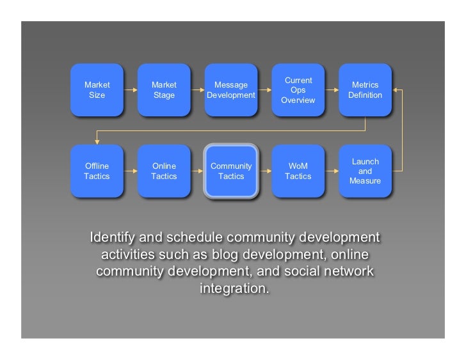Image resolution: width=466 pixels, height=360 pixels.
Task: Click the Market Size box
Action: click(x=97, y=90)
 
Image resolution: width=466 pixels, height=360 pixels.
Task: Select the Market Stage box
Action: click(x=164, y=90)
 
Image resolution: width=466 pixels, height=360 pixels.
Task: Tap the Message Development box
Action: click(x=231, y=90)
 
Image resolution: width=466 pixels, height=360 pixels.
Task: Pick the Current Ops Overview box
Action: click(x=298, y=90)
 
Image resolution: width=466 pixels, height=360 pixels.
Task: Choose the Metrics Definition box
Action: click(x=365, y=90)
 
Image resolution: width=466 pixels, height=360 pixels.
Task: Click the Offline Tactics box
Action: click(x=97, y=171)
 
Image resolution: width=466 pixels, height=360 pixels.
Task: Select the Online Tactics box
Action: click(x=164, y=171)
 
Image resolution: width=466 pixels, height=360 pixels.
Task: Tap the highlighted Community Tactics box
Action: click(x=231, y=171)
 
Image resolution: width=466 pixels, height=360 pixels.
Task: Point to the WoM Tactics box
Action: click(x=298, y=171)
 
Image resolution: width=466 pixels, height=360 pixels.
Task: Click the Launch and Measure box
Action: click(x=365, y=171)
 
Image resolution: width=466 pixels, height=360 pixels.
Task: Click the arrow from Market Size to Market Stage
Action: click(x=131, y=91)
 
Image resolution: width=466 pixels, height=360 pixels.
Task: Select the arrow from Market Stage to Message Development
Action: click(x=198, y=91)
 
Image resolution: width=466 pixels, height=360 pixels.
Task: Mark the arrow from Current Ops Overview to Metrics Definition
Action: click(x=332, y=91)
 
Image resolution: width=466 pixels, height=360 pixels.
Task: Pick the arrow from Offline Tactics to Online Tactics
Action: click(x=131, y=171)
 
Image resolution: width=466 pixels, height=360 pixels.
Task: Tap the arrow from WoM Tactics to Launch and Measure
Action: click(x=332, y=171)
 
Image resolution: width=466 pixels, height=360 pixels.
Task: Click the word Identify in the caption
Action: click(x=112, y=237)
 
